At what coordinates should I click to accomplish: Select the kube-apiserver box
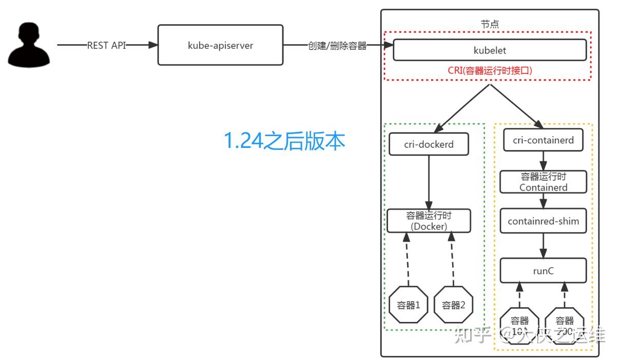pos(220,45)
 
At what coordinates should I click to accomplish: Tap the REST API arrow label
pos(106,45)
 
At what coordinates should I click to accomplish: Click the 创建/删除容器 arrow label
pos(337,46)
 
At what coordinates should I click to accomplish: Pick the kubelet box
pos(489,50)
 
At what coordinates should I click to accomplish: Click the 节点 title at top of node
pos(490,24)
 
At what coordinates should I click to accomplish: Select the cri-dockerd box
pos(429,144)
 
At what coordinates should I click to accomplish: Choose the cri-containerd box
pos(543,140)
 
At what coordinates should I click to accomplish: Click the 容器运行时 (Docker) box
pos(429,220)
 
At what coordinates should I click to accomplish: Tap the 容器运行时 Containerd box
pos(543,182)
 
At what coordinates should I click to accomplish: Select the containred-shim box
pos(543,221)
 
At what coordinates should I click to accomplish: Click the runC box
pos(543,271)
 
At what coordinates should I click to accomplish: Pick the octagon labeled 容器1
pos(409,305)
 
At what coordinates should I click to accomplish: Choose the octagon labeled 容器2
pos(453,305)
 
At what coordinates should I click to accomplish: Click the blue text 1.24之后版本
pos(284,141)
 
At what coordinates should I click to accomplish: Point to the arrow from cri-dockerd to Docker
pos(429,182)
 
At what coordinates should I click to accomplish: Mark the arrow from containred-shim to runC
pos(543,245)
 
